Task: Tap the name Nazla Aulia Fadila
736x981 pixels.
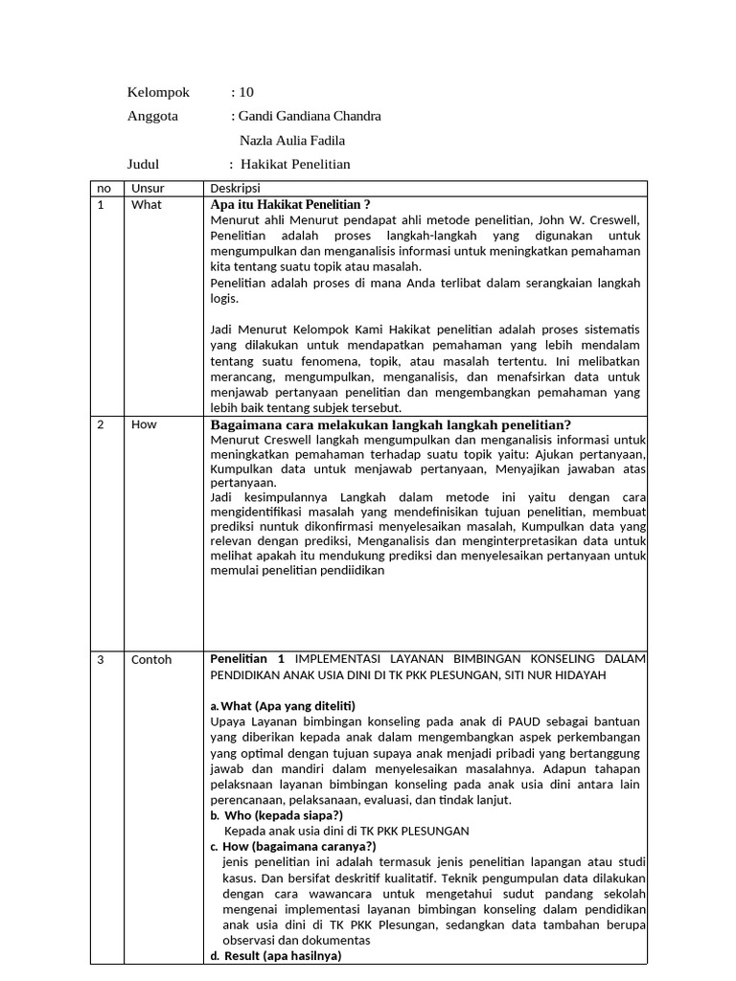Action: click(292, 140)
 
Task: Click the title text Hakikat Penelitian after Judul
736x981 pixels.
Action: click(295, 164)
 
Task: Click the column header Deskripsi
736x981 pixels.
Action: click(235, 189)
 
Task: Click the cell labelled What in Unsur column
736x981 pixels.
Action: click(147, 205)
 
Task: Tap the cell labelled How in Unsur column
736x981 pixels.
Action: click(144, 424)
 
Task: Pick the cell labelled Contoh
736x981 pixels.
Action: click(151, 660)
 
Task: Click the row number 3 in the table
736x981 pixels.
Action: click(101, 660)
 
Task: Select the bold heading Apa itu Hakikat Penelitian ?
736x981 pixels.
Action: click(289, 205)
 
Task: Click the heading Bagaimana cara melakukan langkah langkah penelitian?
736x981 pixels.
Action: click(390, 424)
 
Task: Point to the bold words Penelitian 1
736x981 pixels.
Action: click(247, 659)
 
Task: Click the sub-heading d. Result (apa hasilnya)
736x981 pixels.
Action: click(276, 956)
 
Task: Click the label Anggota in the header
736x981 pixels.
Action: click(152, 116)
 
